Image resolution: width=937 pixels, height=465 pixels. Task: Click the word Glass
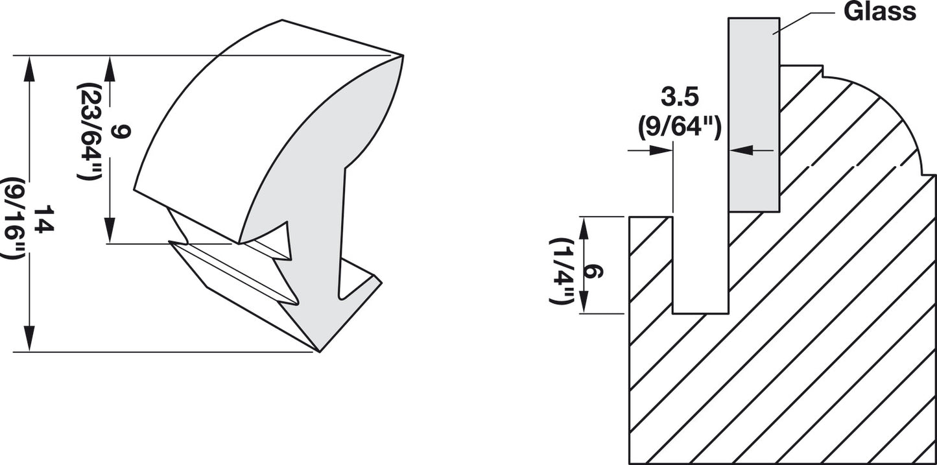879,11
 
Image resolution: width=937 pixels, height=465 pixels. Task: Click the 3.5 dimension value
680,97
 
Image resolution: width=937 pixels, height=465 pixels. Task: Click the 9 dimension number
121,132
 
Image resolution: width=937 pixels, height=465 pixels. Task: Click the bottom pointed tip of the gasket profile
319,351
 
